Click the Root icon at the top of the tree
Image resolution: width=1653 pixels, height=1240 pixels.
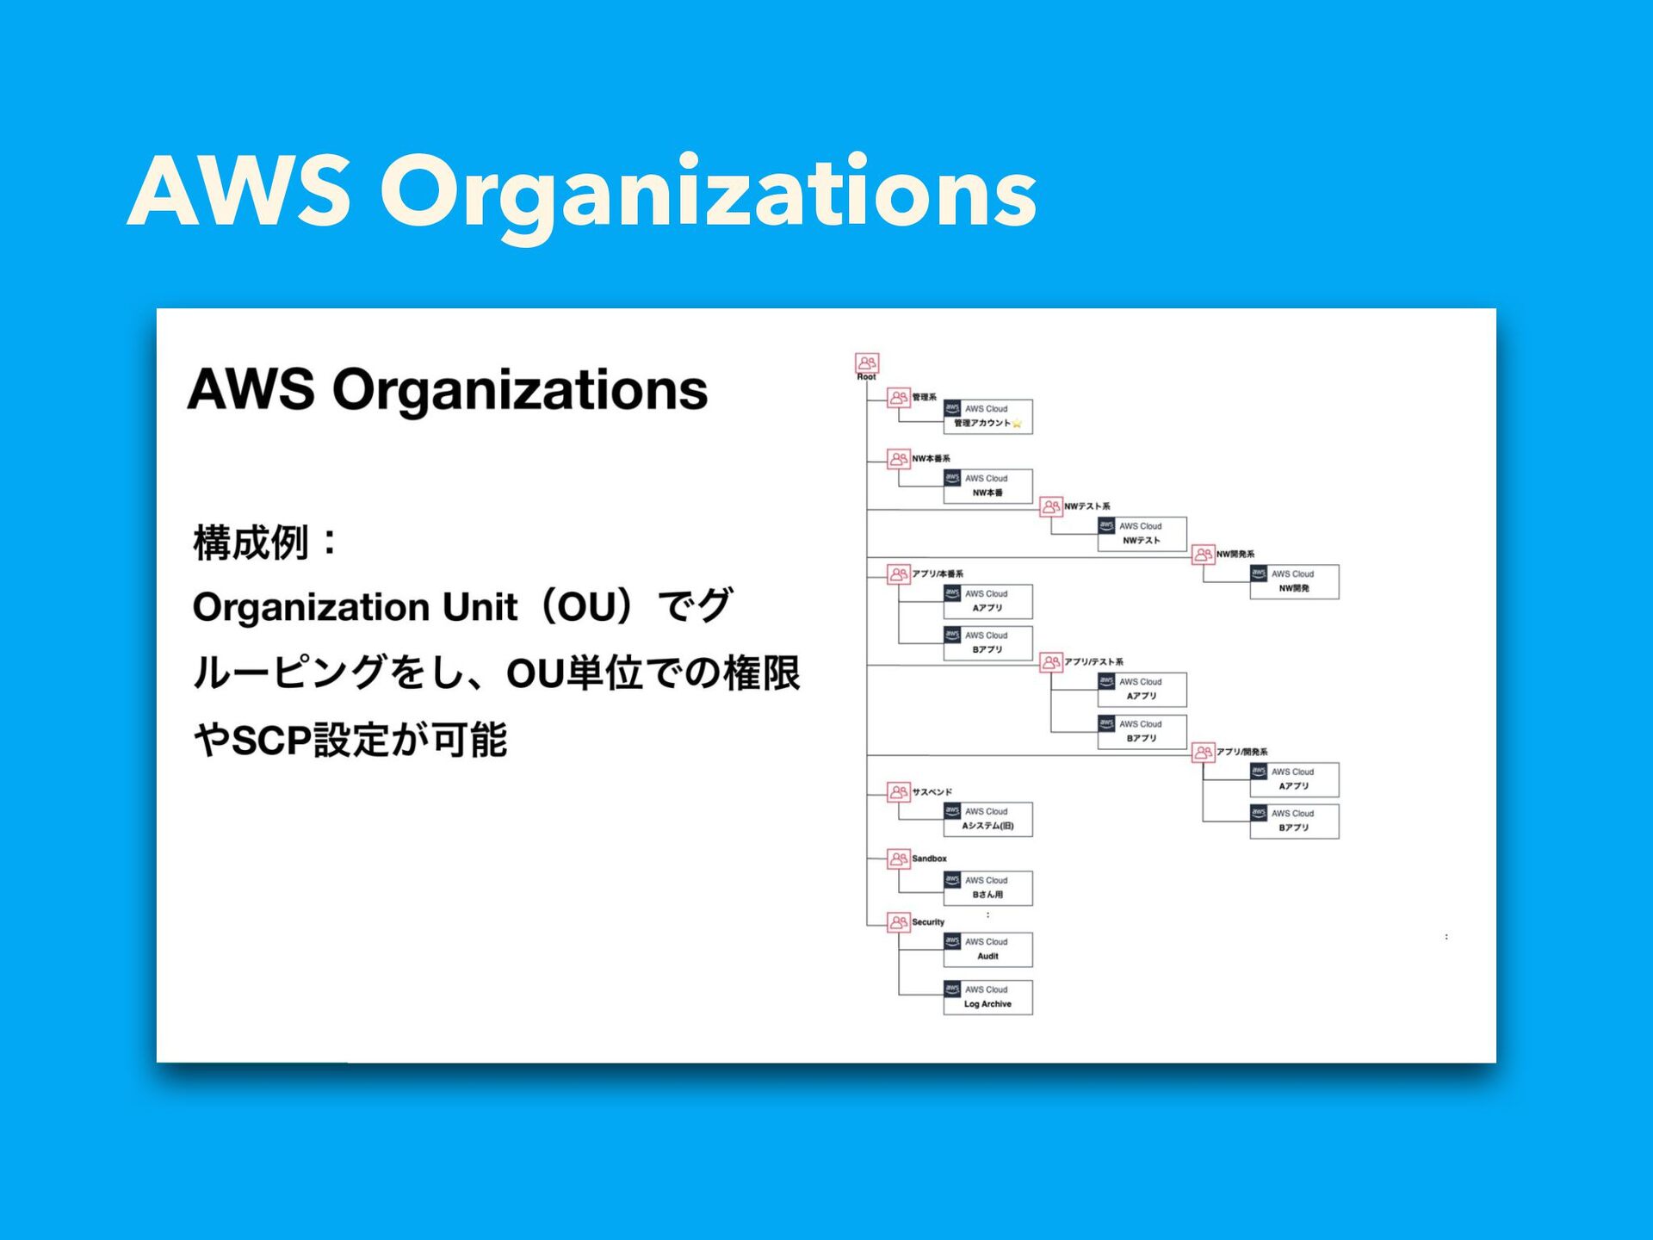866,363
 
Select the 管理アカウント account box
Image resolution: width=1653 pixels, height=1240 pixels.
987,416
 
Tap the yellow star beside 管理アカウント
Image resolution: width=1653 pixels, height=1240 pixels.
1017,423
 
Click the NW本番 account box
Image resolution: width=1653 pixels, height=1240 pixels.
987,486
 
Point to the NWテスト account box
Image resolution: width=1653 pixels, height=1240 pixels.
1142,534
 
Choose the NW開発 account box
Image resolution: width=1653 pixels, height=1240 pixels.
1294,581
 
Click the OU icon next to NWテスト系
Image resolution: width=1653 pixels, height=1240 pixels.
1050,506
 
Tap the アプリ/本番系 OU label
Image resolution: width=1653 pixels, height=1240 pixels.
938,573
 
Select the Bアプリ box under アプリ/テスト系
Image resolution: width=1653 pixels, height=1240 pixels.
1142,732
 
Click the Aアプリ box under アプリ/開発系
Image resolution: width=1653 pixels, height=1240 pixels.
1294,779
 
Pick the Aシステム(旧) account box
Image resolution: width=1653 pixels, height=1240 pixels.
987,819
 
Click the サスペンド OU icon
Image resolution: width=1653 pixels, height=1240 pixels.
898,791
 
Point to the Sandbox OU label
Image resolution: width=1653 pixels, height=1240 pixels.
929,859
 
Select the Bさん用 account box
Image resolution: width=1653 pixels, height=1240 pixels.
987,888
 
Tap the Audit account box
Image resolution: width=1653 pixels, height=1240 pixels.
987,949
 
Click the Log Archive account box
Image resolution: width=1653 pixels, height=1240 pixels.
987,997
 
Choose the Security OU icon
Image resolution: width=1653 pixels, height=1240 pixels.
898,922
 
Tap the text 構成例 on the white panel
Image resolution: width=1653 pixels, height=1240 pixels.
251,543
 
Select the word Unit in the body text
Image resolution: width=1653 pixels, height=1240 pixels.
480,607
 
